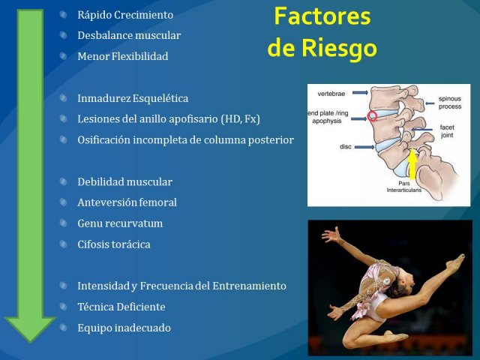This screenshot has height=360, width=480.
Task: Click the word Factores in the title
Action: (322, 16)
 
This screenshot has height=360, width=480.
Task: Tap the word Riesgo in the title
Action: (339, 48)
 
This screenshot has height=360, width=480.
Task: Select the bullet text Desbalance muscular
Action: (129, 35)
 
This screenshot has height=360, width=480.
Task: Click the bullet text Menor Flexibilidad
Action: (123, 56)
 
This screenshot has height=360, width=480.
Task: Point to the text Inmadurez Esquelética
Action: (133, 98)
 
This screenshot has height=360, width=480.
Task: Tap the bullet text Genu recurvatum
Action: (120, 223)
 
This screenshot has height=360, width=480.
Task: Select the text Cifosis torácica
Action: (114, 244)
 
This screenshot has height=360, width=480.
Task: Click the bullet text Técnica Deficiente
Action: (121, 307)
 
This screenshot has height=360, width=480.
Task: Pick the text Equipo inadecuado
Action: (124, 328)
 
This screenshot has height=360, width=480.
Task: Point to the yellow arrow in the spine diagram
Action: (412, 163)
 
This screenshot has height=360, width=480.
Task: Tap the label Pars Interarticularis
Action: (403, 187)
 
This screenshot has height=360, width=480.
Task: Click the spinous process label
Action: (450, 103)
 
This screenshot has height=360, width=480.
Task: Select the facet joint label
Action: (447, 131)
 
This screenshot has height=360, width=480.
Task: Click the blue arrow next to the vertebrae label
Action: (360, 92)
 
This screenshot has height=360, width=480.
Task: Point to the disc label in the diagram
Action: (346, 147)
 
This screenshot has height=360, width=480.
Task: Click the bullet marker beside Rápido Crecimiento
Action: (63, 14)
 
